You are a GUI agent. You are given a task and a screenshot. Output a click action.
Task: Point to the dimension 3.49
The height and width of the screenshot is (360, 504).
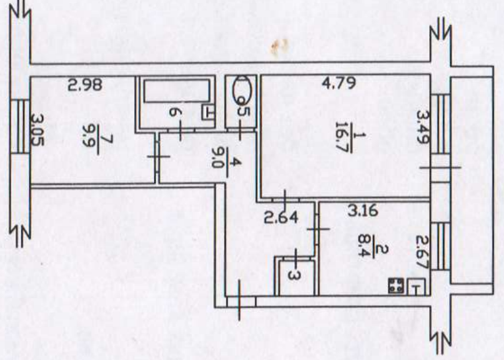click(423, 126)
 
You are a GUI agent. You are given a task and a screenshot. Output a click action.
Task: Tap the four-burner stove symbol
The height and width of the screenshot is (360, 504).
click(395, 286)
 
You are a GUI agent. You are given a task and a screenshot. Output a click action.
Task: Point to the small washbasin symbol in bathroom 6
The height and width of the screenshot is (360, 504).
click(208, 112)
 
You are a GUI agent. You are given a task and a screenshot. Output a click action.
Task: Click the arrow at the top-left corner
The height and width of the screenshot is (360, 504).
click(21, 9)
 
